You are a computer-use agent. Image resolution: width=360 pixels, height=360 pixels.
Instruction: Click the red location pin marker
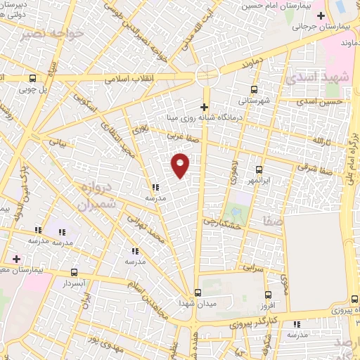click(181, 165)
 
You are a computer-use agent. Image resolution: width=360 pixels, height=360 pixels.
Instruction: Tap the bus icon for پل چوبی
click(32, 78)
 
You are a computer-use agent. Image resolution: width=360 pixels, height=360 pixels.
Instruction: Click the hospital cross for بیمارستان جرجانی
click(321, 15)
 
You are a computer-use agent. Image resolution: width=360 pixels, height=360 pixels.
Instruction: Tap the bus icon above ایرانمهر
click(259, 169)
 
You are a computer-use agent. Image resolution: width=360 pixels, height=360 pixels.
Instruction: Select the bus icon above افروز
click(267, 295)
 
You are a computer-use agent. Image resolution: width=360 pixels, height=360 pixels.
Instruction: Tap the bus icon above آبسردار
click(74, 271)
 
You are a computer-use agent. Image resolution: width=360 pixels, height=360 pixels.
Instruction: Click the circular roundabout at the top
click(207, 72)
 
